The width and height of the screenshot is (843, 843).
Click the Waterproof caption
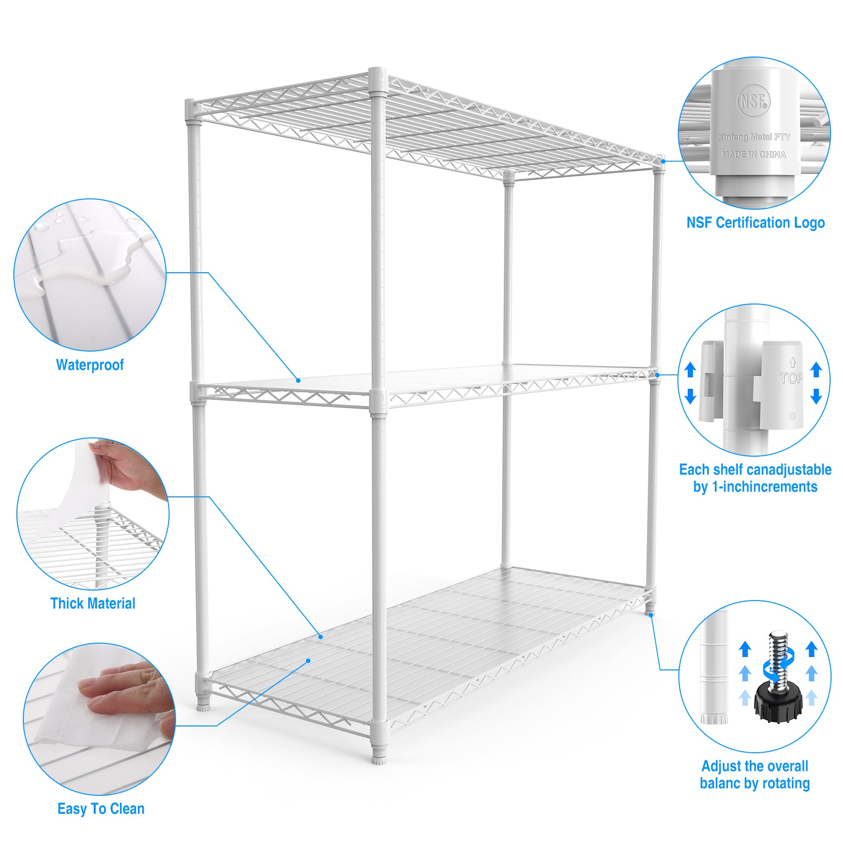pos(90,365)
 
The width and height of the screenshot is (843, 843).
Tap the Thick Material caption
pos(93,603)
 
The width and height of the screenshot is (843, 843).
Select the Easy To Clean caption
pos(101,809)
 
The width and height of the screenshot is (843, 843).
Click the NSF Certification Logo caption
pos(755,223)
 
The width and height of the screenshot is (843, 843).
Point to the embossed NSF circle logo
pos(753,102)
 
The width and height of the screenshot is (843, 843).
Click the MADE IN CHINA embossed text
pos(754,155)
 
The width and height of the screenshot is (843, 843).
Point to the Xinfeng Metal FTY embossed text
pos(754,137)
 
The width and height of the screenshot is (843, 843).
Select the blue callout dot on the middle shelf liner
pos(299,380)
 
